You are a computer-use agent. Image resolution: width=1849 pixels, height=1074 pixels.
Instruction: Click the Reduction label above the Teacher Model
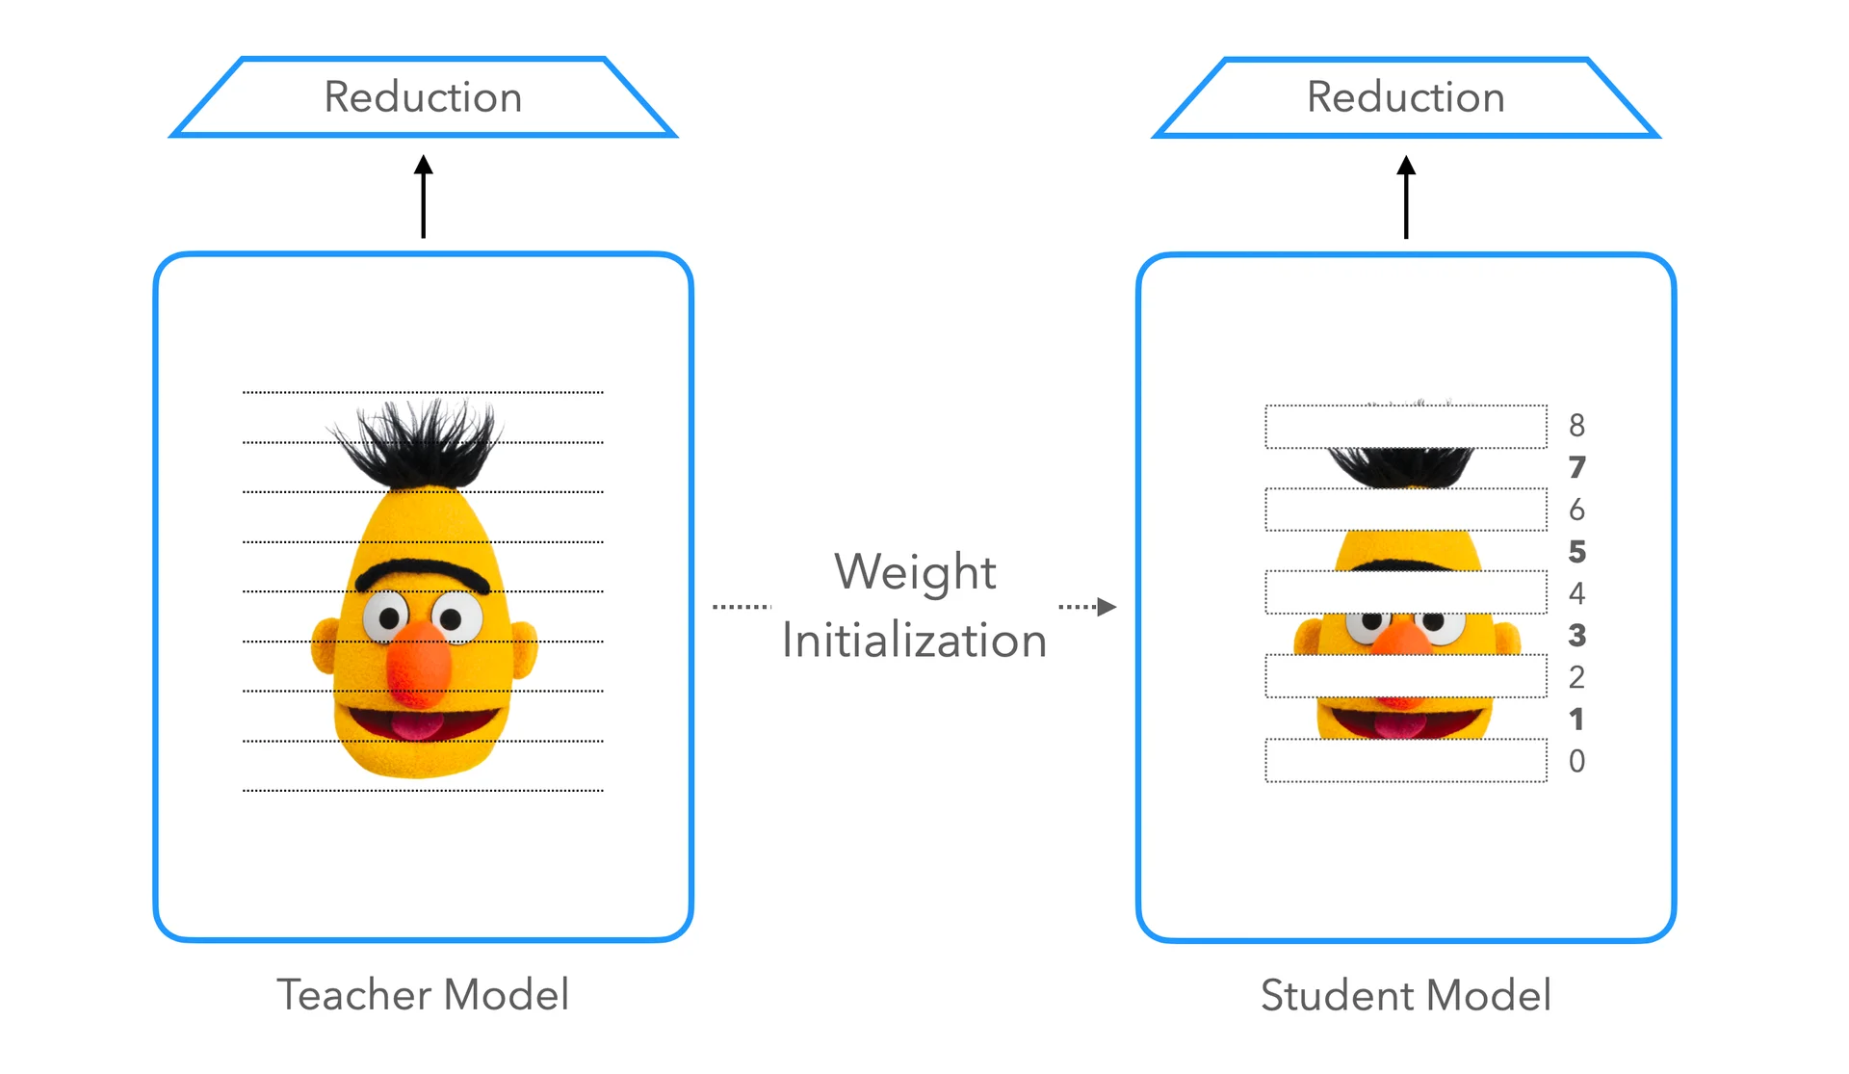click(x=423, y=97)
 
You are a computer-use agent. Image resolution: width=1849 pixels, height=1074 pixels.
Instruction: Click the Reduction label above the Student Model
click(x=1405, y=97)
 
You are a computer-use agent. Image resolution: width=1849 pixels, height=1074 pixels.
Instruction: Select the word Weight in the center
click(x=915, y=572)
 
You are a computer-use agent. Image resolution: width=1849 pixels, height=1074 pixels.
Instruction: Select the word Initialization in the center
click(x=914, y=641)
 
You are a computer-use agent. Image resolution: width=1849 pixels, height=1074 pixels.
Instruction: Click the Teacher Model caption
click(x=423, y=995)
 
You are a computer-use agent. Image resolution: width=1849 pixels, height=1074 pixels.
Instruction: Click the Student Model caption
click(x=1406, y=995)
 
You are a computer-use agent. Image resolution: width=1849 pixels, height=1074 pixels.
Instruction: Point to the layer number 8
click(x=1576, y=425)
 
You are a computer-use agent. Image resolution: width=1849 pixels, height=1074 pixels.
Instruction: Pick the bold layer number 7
click(x=1576, y=467)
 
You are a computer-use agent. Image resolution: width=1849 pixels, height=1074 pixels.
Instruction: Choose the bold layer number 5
click(x=1576, y=551)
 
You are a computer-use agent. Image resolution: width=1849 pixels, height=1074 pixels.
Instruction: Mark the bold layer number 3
click(x=1576, y=635)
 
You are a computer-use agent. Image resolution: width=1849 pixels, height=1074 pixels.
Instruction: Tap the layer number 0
click(x=1576, y=761)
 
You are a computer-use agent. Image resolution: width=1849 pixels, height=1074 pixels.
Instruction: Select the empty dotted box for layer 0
click(x=1406, y=761)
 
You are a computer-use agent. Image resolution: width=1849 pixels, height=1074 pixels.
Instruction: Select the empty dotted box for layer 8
click(x=1406, y=427)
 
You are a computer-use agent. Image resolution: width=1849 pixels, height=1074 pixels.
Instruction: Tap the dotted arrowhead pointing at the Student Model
click(x=1107, y=607)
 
